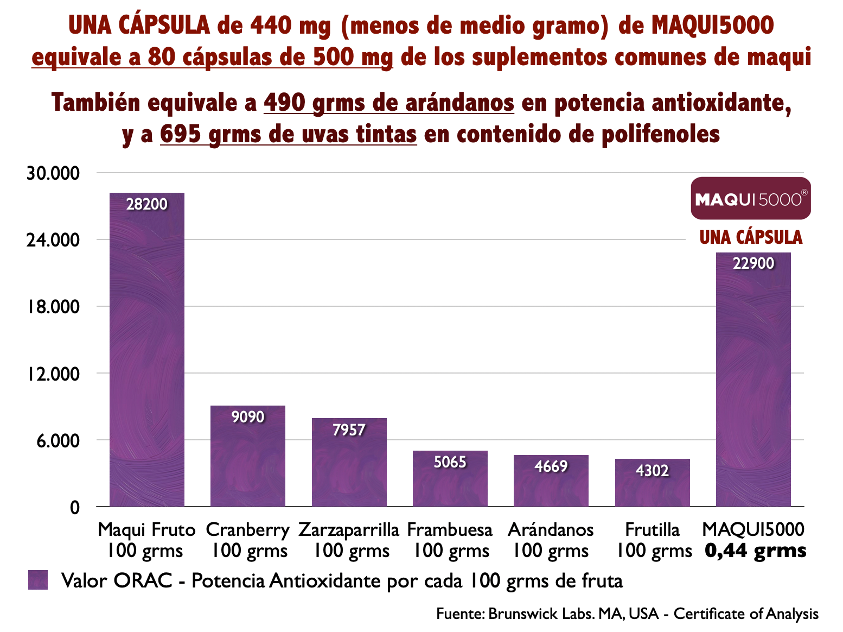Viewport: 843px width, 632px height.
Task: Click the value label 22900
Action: click(x=753, y=263)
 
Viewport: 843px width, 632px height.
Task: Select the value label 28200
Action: click(x=146, y=204)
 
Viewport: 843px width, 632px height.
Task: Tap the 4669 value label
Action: click(x=551, y=466)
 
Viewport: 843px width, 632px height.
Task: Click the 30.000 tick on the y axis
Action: click(x=53, y=173)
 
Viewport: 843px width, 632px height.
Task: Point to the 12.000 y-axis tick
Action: click(x=53, y=374)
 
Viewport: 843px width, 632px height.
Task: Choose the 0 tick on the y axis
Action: click(x=75, y=507)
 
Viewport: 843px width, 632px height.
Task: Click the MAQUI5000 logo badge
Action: click(x=751, y=198)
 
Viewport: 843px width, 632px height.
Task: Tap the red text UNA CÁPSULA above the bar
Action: click(x=751, y=237)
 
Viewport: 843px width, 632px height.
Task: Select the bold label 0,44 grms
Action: click(x=755, y=551)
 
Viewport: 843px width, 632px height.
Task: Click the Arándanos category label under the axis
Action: click(x=551, y=529)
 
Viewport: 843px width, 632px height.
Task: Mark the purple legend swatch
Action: click(x=38, y=580)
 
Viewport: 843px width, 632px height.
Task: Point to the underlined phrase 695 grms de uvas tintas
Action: click(x=288, y=134)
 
